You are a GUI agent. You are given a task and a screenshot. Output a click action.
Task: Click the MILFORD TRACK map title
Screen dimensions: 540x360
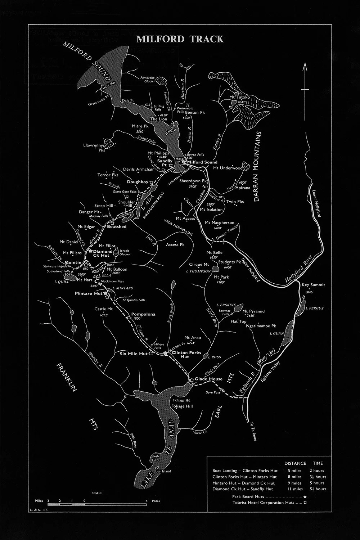tap(180, 39)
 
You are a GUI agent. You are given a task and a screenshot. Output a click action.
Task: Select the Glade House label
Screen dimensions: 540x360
tap(208, 379)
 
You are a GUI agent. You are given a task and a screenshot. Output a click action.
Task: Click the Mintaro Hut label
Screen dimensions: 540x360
tap(89, 293)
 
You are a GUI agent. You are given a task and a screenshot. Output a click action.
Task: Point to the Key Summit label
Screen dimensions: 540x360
tap(313, 285)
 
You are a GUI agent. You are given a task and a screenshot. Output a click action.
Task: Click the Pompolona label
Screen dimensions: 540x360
tap(143, 314)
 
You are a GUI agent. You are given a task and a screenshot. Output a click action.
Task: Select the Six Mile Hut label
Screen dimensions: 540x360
tap(133, 354)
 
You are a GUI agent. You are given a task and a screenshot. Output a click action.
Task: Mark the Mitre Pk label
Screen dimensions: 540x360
tap(140, 126)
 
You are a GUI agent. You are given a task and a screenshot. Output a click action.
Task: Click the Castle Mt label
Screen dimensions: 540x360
tap(103, 309)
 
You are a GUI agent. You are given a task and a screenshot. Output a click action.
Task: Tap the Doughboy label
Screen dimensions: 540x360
tap(138, 182)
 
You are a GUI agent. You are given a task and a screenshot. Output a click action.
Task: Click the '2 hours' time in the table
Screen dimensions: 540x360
tap(317, 471)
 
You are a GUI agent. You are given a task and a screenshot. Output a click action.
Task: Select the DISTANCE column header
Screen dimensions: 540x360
tap(295, 463)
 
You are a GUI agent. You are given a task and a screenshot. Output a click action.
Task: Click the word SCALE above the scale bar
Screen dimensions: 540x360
tap(97, 493)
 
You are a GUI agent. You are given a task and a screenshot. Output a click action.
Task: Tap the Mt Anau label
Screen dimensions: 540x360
tap(193, 338)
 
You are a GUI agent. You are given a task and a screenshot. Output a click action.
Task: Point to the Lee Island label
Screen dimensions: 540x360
tap(162, 471)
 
